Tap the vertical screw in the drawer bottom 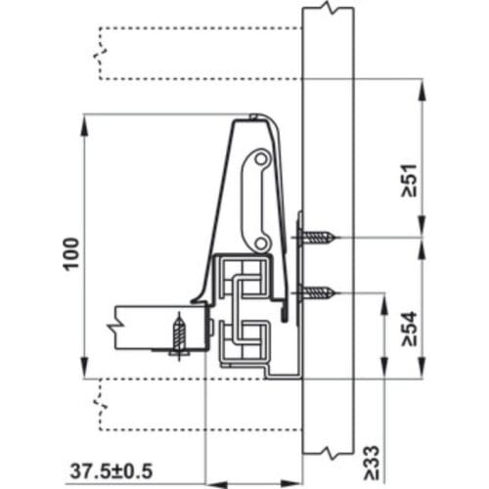pos(179,333)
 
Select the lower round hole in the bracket pos(259,238)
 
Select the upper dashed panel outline pos(196,55)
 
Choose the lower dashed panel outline pos(196,401)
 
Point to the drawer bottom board pos(156,325)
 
